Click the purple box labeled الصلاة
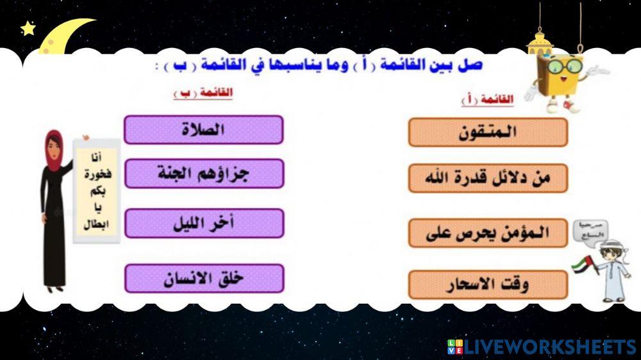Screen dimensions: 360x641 [x=203, y=129]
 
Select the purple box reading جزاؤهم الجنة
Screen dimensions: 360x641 [x=203, y=173]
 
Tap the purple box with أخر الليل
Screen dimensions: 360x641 [x=203, y=223]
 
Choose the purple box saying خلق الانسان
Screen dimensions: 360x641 [x=203, y=278]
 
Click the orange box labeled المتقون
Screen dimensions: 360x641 [x=488, y=132]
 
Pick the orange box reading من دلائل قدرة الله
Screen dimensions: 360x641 [x=488, y=178]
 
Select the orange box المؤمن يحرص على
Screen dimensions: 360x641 [x=488, y=233]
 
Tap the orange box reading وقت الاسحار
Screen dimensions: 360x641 [x=488, y=284]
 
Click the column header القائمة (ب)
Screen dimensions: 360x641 [x=203, y=94]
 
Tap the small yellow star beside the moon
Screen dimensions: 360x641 [x=28, y=28]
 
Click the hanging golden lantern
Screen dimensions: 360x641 [x=539, y=42]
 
